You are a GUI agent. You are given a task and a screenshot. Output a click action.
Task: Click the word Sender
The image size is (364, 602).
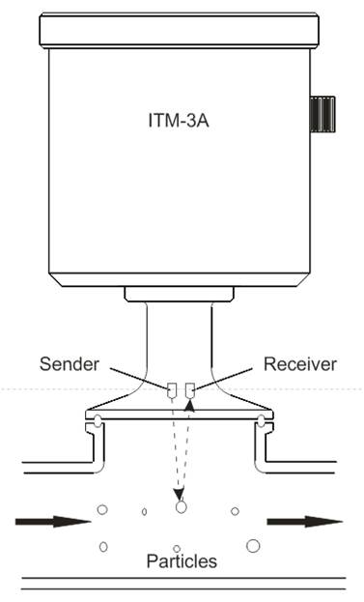[70, 364]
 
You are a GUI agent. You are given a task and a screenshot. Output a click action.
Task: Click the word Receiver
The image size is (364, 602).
[299, 364]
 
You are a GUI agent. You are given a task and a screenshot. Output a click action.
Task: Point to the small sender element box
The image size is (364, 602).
[172, 390]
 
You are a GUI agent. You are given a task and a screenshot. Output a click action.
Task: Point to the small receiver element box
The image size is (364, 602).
[190, 390]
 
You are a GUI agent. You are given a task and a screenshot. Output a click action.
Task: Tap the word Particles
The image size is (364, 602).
[182, 560]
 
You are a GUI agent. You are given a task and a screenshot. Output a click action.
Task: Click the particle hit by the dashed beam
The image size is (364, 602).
[180, 506]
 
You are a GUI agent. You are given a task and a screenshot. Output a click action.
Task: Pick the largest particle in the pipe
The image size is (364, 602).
[253, 546]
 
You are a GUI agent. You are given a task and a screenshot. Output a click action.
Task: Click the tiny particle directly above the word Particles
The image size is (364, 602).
[177, 548]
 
